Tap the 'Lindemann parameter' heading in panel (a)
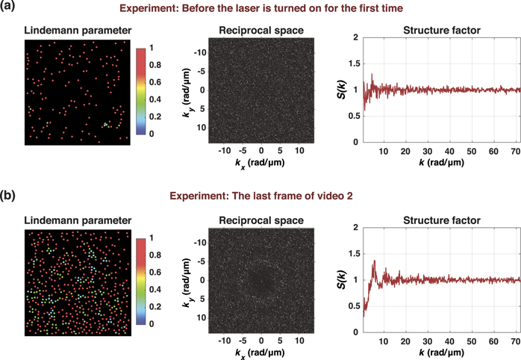pos(68,31)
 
